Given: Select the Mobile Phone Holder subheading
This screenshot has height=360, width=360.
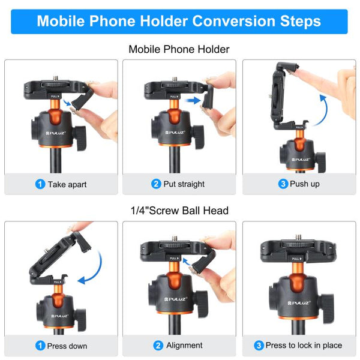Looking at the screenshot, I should pos(179,49).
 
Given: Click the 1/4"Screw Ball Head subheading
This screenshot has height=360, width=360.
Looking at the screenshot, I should pos(179,211).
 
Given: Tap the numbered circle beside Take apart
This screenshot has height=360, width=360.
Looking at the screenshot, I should pos(40,184).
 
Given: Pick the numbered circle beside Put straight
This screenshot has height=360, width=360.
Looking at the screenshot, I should pos(156,184).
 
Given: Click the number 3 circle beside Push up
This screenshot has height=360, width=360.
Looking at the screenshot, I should pos(283,184).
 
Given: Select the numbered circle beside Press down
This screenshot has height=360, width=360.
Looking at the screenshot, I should pos(40,346).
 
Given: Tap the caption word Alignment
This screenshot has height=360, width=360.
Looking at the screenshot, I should pos(184,346).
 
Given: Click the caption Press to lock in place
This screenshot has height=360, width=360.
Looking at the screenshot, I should pos(304,346).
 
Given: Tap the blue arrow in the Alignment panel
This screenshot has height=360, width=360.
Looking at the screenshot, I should pos(190,262).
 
